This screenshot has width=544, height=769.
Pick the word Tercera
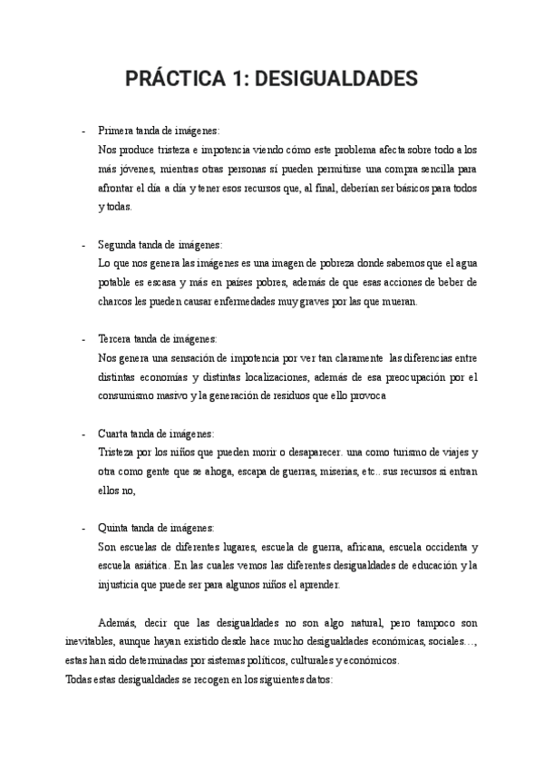[x=115, y=338]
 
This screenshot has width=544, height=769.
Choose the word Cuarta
[x=113, y=433]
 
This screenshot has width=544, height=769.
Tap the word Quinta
[x=114, y=527]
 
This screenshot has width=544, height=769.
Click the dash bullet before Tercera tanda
[x=84, y=338]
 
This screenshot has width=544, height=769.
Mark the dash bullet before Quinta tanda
[x=84, y=527]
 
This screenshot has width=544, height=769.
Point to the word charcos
[x=115, y=302]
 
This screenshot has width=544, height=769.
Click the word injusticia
[x=121, y=585]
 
